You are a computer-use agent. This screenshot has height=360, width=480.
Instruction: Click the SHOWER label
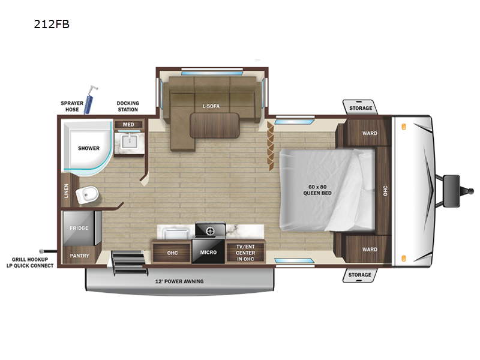click(x=88, y=148)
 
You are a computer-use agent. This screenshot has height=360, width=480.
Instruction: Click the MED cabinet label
click(x=128, y=125)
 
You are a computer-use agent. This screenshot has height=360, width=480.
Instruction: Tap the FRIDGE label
click(x=79, y=228)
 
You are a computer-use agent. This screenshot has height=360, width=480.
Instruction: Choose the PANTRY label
click(x=79, y=256)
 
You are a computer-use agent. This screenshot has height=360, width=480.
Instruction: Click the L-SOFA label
click(x=211, y=106)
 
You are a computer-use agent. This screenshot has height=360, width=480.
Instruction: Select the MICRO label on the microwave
click(x=208, y=253)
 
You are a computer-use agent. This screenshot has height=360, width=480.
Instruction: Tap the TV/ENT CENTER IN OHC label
click(x=245, y=253)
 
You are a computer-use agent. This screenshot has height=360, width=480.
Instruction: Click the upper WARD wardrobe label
click(x=370, y=133)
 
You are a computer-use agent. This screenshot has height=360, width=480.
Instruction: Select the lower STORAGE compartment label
click(x=361, y=275)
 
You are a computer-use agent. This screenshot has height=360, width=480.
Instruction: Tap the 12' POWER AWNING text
click(x=180, y=281)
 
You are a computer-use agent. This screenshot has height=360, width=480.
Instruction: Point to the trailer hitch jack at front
click(x=452, y=181)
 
